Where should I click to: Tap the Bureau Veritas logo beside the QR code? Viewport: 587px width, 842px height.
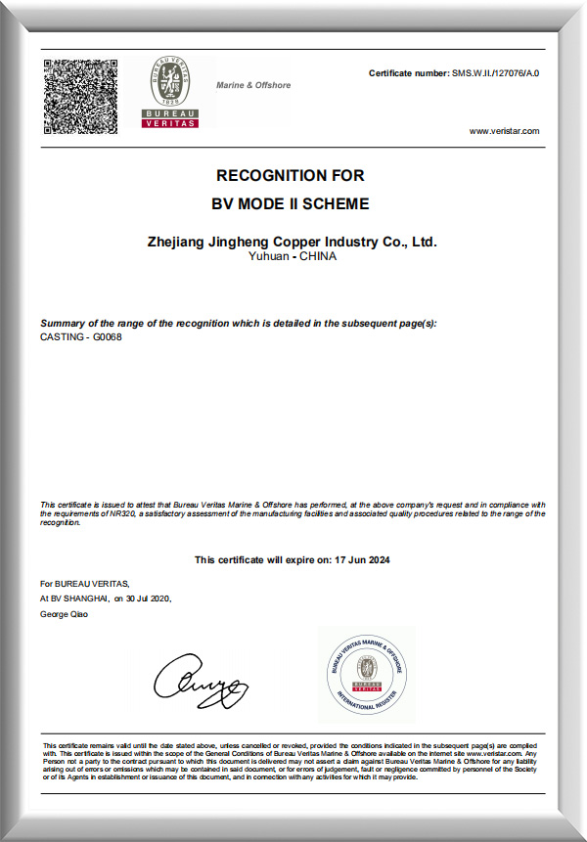tap(170, 92)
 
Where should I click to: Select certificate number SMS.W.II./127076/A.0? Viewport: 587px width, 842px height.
tap(494, 74)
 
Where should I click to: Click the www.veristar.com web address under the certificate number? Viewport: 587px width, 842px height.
tap(504, 131)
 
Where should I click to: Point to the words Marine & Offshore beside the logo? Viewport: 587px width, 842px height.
tap(253, 85)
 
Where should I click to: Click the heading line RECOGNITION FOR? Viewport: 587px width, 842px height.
tap(291, 176)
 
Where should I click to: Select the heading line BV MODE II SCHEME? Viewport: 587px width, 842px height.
tap(291, 204)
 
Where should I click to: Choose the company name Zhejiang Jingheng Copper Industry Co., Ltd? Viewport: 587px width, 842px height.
tap(291, 241)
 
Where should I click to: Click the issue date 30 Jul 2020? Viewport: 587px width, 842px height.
tap(149, 598)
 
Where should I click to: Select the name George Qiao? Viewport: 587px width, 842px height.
tap(64, 614)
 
